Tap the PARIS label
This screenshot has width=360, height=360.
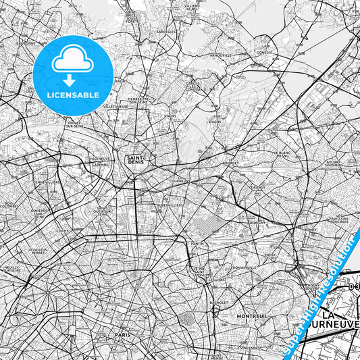(x=122, y=334)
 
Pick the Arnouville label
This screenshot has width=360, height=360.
(x=220, y=55)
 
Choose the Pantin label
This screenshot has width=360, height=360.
(x=197, y=242)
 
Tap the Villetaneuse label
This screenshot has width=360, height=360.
(x=116, y=107)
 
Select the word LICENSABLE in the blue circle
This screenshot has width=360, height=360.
(x=72, y=95)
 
